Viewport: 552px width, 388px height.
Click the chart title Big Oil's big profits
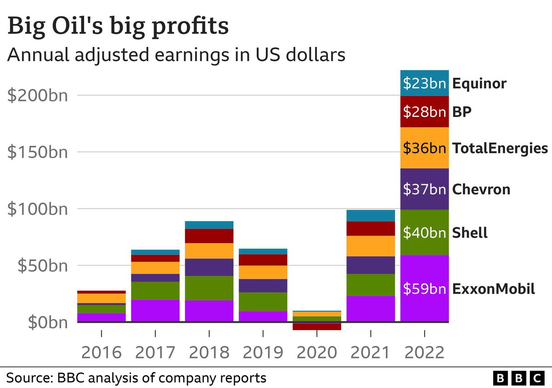[118, 26]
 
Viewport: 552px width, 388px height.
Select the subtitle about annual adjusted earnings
[176, 55]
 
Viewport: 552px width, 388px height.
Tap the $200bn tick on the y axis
[37, 96]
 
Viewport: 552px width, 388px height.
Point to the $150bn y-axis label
[37, 152]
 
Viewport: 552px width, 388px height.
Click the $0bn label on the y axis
[47, 322]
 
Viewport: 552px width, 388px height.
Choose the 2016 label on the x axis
[101, 353]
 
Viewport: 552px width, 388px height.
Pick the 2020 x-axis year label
[317, 353]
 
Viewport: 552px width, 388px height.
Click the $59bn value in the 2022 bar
[424, 289]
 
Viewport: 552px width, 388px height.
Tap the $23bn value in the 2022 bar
[424, 84]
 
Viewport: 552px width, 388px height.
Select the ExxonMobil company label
[494, 289]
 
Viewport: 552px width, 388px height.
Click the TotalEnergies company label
[500, 148]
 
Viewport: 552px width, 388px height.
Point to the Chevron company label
[481, 189]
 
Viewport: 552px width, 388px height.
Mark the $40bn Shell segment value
[424, 233]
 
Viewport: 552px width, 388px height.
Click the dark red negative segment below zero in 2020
[317, 326]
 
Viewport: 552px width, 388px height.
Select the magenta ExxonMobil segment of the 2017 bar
[155, 310]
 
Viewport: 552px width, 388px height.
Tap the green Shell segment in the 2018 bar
[209, 288]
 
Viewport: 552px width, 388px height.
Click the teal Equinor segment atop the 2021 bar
[371, 216]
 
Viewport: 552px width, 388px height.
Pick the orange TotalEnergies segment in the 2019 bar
[263, 272]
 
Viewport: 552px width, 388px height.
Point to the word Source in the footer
[29, 378]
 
